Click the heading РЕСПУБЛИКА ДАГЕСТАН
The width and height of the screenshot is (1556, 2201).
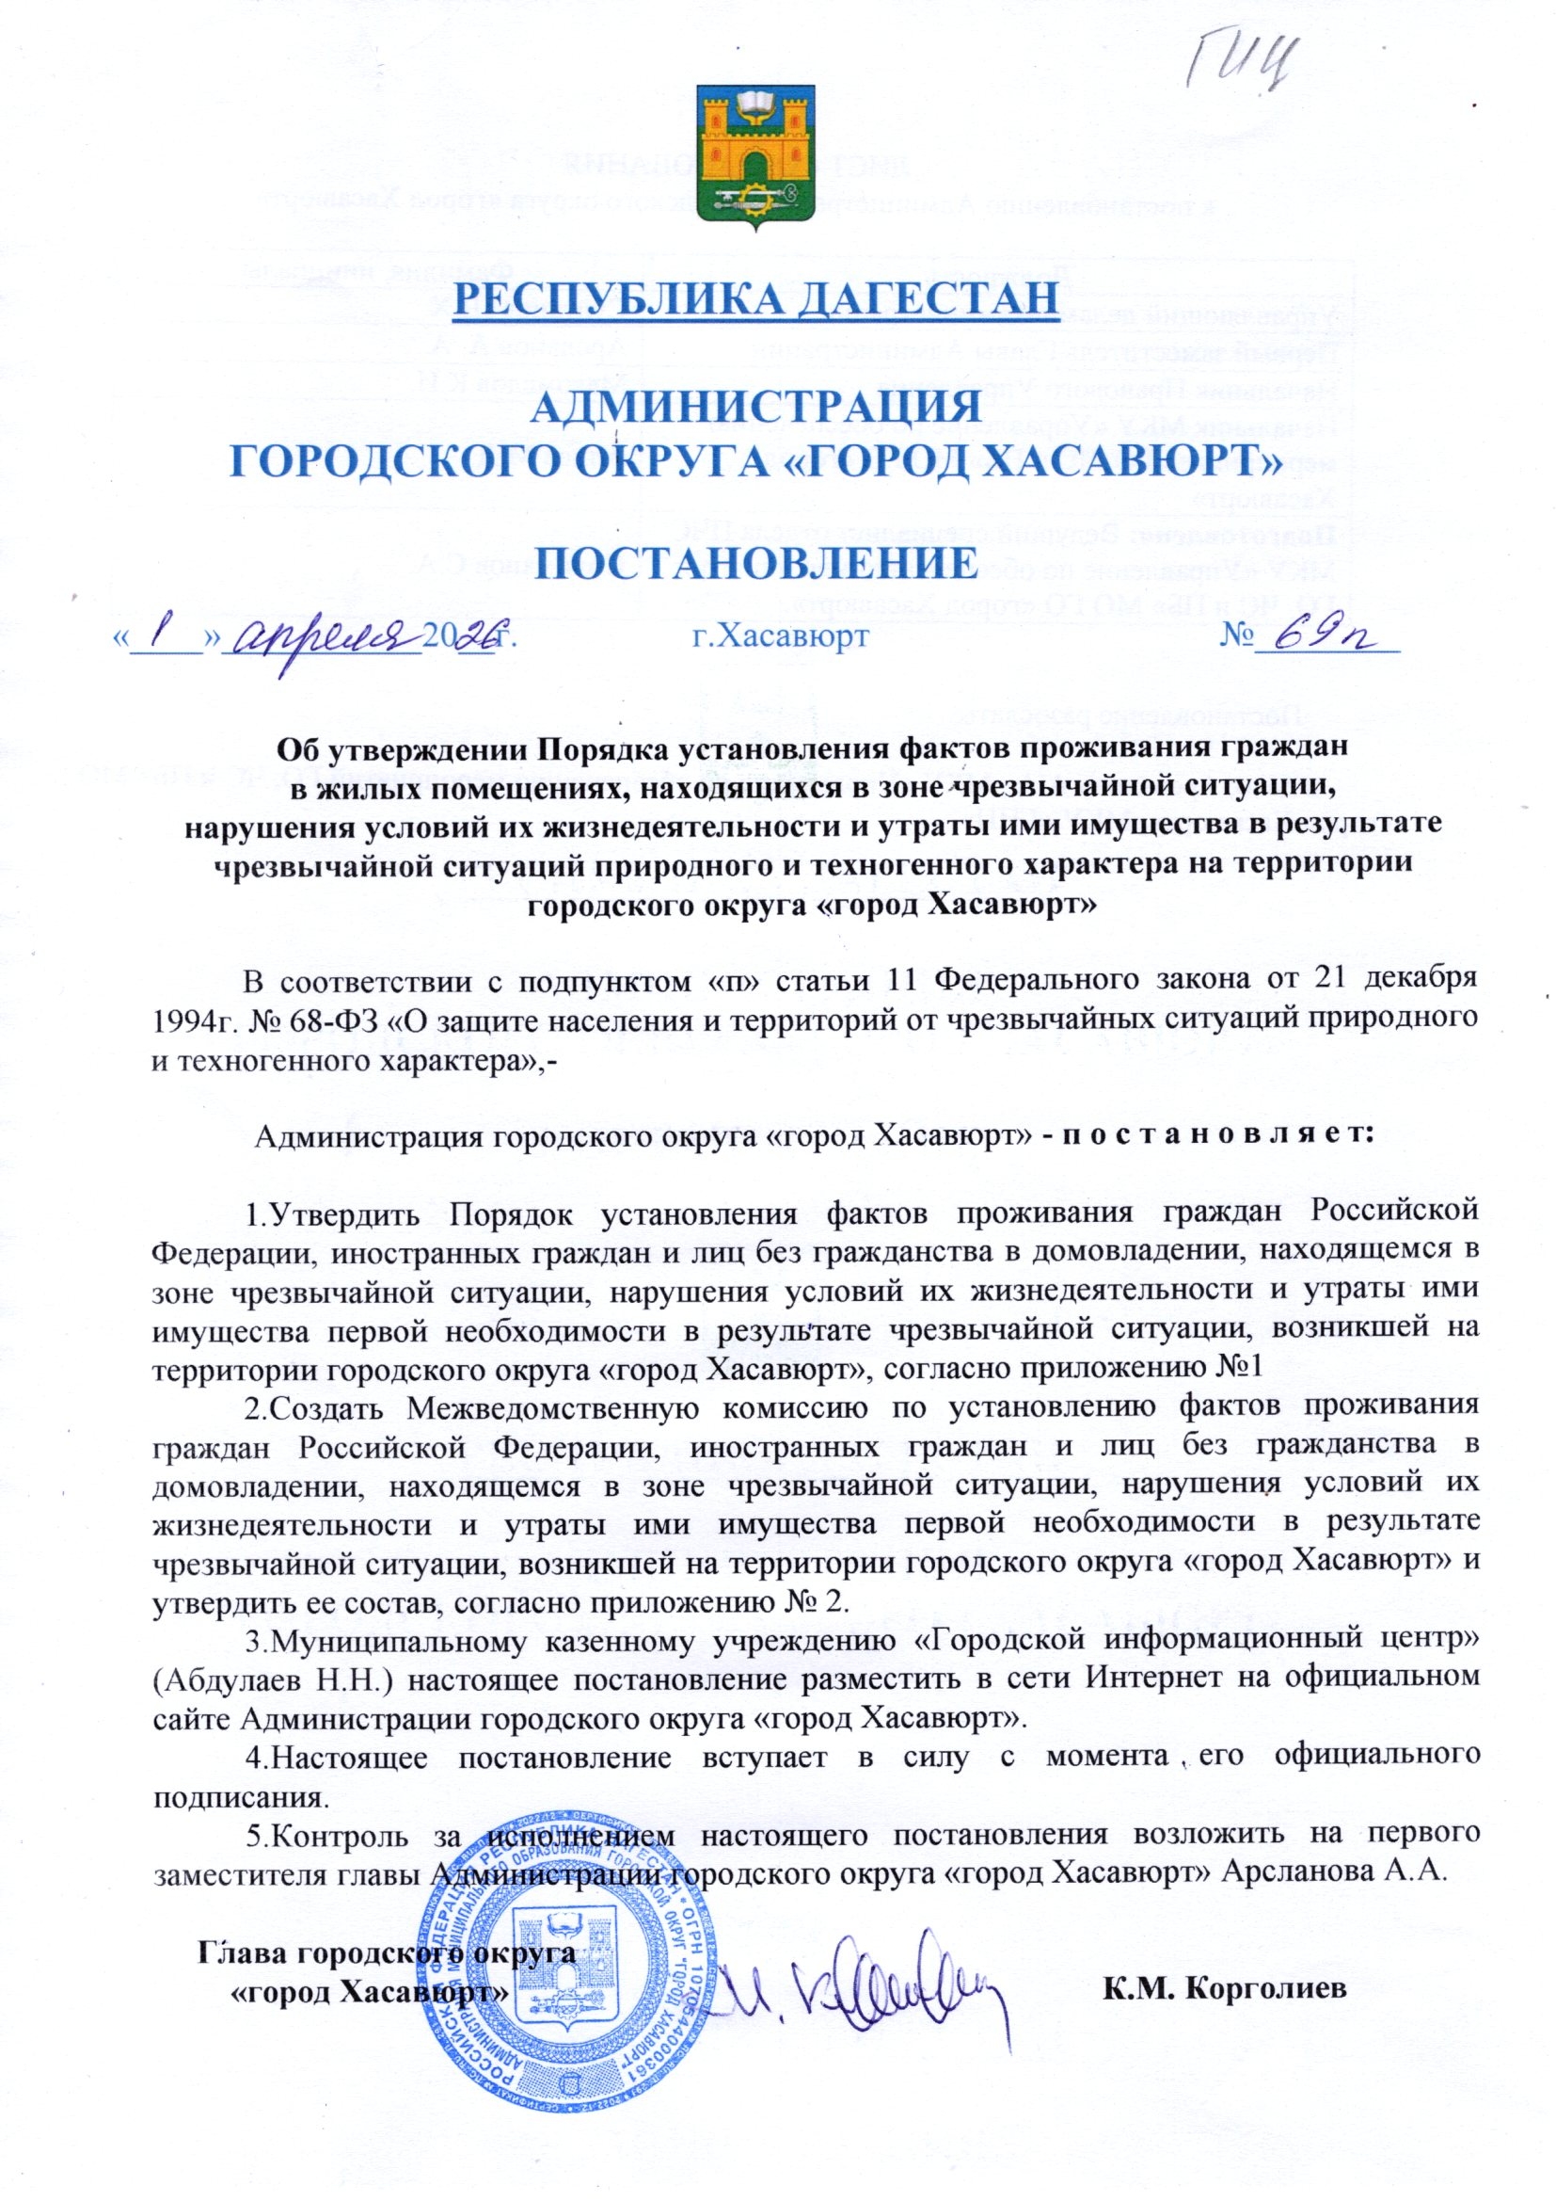pos(756,297)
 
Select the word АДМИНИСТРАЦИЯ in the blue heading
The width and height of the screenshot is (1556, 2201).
pos(755,408)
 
